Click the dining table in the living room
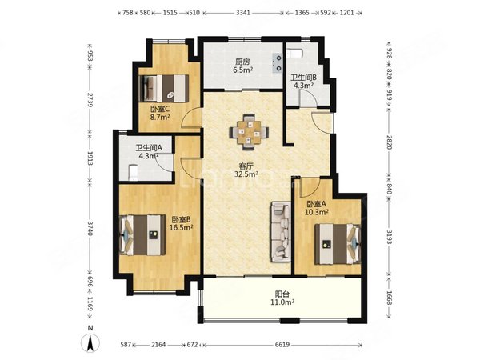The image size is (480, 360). coord(249,132)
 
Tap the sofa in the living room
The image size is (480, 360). coord(280,232)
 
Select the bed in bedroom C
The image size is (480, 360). coord(163,88)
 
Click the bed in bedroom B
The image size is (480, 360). coord(142,234)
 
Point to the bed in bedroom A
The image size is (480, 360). coord(338,244)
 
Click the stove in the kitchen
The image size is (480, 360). coord(278,63)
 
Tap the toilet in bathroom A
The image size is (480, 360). coord(133,172)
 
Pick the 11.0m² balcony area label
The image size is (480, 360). coord(282,302)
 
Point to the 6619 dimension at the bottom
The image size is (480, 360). coord(282,345)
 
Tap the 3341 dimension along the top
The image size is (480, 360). coord(243,13)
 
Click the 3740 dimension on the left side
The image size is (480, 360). coord(90,229)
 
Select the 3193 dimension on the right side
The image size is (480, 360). coord(389,237)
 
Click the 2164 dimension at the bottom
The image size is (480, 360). coord(158,345)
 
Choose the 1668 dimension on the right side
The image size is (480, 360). coord(389,298)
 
